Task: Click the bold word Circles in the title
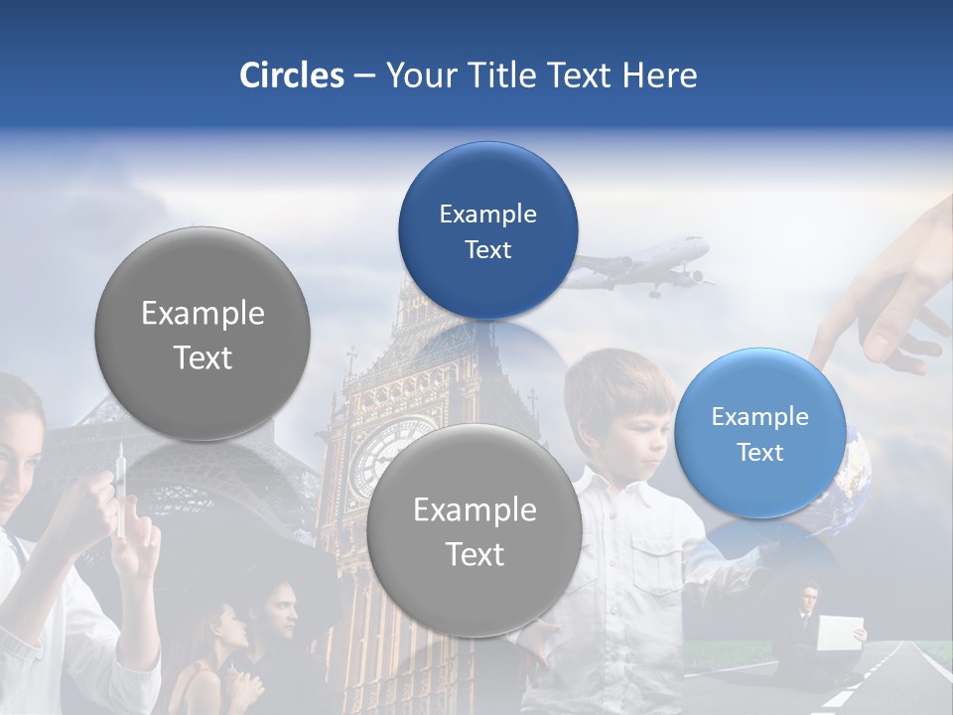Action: point(291,75)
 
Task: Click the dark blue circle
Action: point(487,230)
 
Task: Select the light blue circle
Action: point(759,433)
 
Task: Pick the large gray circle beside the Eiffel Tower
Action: point(203,334)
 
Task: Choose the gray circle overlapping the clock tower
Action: point(475,530)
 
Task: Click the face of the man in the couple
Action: point(282,615)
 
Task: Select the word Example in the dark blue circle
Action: point(487,214)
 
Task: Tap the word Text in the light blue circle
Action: point(759,452)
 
